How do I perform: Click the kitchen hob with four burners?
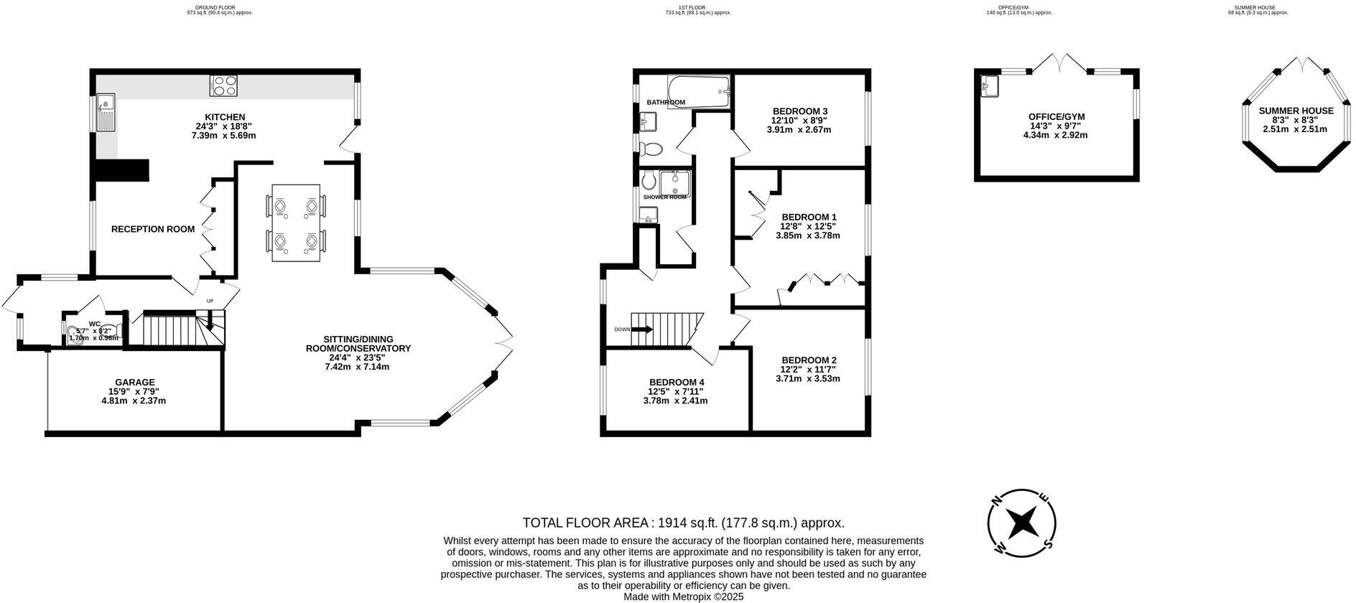click(x=224, y=86)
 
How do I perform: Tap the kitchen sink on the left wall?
click(x=106, y=113)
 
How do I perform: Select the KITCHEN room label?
click(x=225, y=117)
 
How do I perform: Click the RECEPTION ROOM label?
click(x=153, y=230)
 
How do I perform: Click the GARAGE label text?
click(x=135, y=382)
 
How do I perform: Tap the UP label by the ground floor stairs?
click(x=210, y=301)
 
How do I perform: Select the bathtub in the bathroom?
click(x=697, y=90)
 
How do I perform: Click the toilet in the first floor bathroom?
click(x=652, y=149)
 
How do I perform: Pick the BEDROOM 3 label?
click(x=799, y=111)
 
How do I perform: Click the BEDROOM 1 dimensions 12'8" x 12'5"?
click(x=808, y=226)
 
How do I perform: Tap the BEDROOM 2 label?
click(x=809, y=360)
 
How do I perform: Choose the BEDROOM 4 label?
click(x=676, y=382)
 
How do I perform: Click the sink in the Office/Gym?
click(x=990, y=87)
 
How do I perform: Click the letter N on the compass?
click(x=996, y=502)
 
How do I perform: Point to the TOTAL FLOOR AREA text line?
click(x=683, y=523)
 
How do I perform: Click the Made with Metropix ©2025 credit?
click(x=683, y=597)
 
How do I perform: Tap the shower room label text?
click(x=664, y=197)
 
